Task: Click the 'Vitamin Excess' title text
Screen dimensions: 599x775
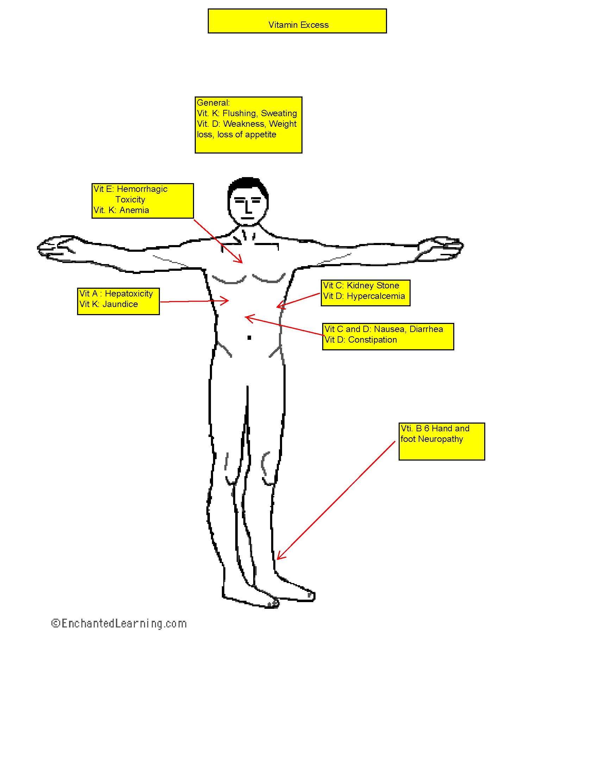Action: (298, 25)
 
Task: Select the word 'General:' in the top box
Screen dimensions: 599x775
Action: (213, 102)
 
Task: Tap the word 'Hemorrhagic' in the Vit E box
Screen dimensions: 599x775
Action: (142, 189)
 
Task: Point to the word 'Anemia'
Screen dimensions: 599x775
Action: (134, 210)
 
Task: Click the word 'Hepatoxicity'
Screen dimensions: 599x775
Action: (129, 294)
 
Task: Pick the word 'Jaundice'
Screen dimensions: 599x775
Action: (120, 304)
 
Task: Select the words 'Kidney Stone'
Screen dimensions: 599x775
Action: (373, 286)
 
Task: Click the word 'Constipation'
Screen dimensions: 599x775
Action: (372, 340)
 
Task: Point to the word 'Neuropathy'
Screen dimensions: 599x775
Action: (441, 439)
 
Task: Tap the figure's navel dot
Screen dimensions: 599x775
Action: (249, 338)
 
